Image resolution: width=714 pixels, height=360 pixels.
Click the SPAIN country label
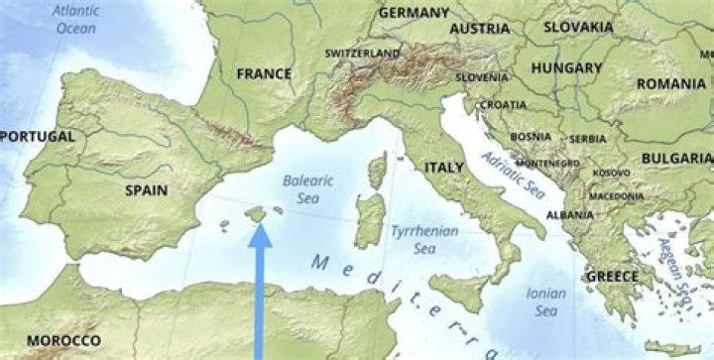point(146,189)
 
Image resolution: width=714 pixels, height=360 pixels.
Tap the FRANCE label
point(264,73)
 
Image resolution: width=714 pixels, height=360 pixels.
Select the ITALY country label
point(444,169)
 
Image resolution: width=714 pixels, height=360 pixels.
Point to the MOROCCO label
point(62,341)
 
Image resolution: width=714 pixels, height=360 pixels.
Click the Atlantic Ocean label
point(75,19)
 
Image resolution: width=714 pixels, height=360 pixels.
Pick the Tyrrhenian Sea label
point(419,238)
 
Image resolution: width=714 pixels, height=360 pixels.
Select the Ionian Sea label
point(546,301)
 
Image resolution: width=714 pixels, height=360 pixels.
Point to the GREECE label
point(612,276)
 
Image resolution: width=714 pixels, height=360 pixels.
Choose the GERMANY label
point(414,13)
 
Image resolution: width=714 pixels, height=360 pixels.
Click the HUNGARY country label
point(566,68)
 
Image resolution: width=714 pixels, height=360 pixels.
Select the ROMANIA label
point(671,84)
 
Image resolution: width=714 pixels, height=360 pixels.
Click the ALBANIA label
point(570,214)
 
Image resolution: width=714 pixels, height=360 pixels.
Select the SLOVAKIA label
point(578,27)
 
